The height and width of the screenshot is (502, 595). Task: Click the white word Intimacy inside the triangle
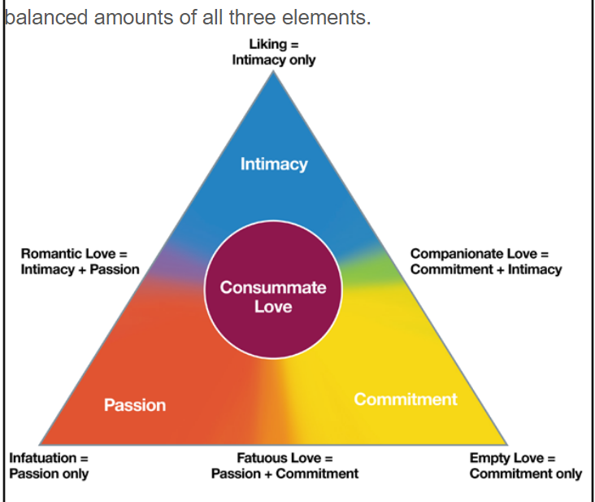[274, 164]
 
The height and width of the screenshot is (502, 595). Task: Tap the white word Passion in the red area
[135, 405]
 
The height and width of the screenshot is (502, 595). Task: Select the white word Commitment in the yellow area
[406, 399]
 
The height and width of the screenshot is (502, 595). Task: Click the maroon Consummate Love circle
[273, 290]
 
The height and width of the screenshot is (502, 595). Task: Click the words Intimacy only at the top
[274, 60]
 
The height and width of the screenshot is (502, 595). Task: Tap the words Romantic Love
[68, 254]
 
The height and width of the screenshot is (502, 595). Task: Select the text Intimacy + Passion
[80, 269]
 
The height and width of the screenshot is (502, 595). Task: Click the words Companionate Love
[474, 254]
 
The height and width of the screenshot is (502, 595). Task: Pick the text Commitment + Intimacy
[486, 269]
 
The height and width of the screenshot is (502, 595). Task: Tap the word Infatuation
[43, 458]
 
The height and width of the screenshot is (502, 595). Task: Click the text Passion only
[49, 474]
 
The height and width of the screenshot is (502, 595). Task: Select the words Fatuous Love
[279, 458]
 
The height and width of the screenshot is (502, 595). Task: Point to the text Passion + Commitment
[284, 474]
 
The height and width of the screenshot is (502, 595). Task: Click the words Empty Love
[506, 458]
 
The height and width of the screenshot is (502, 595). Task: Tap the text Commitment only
[526, 474]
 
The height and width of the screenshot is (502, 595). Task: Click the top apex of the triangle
[273, 72]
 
